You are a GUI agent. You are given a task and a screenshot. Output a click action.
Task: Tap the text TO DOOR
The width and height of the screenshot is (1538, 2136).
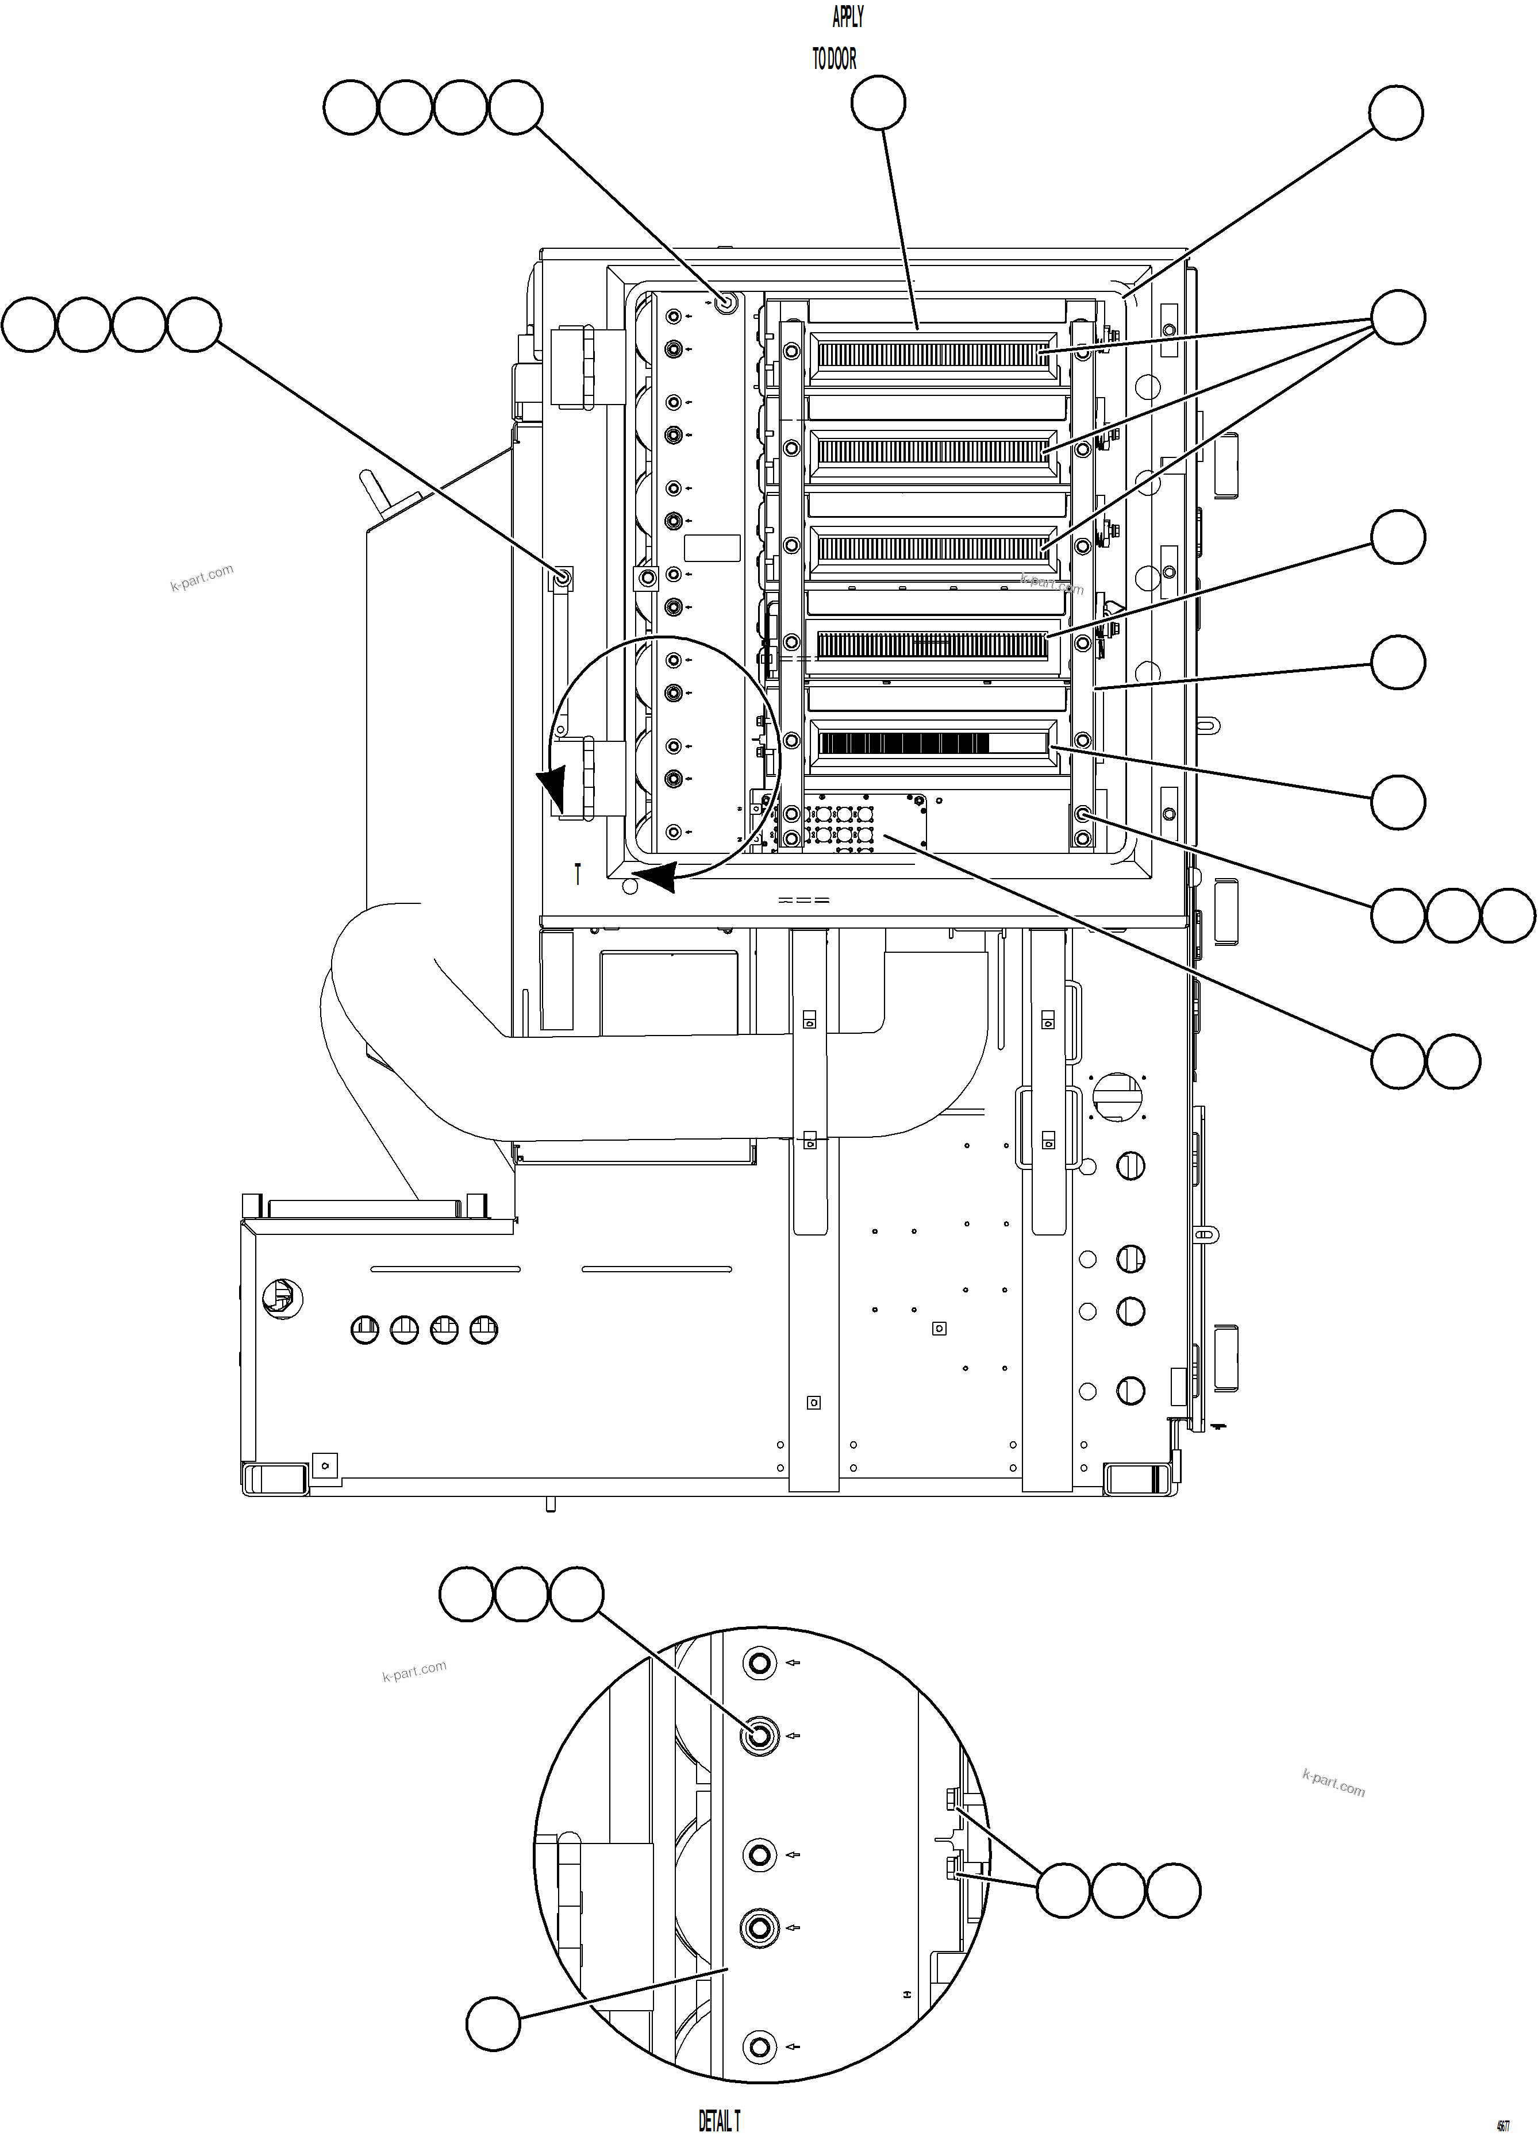pos(835,59)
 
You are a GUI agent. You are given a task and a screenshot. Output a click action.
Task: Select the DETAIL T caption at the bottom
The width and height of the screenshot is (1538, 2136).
pos(718,2120)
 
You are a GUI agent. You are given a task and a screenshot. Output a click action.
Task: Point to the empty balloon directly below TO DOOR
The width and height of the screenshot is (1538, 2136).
pos(878,103)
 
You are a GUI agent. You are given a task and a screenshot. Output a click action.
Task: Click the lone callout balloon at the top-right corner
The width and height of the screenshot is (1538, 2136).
pos(1395,113)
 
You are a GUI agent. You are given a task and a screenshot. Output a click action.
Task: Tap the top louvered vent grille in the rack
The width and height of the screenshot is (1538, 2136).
pos(932,354)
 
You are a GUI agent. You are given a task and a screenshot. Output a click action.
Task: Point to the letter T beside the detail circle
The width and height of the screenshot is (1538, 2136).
pos(578,874)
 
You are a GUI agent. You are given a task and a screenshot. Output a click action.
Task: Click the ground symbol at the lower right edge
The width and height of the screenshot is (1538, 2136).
pos(1218,1427)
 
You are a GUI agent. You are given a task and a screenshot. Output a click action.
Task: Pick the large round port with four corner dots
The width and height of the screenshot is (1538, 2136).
pos(1118,1096)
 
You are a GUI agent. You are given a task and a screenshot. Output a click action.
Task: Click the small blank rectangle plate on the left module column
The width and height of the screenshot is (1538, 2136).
pos(712,549)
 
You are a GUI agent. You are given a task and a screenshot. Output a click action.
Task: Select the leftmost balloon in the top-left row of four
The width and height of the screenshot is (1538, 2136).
pos(351,108)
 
